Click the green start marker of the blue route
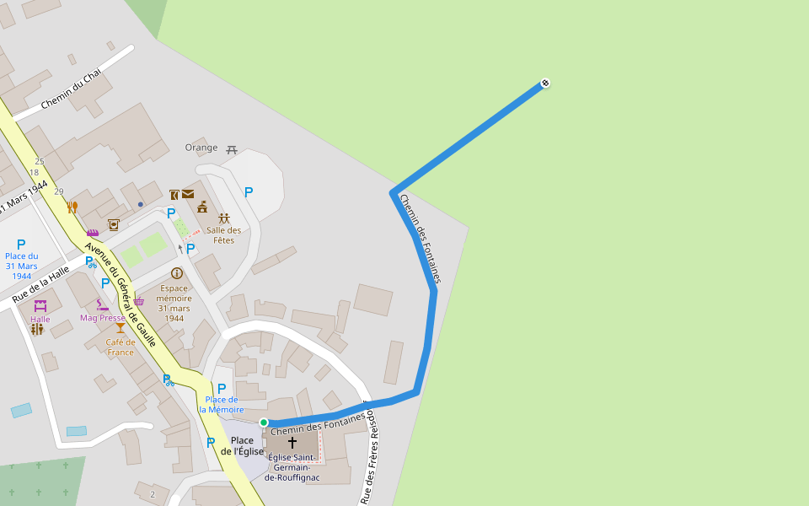pos(264,423)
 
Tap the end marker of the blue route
pos(545,83)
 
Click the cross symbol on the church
pos(292,442)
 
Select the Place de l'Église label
pos(242,446)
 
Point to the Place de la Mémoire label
pos(222,404)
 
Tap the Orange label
pos(201,148)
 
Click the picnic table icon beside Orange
pos(232,149)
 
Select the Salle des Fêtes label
pos(224,235)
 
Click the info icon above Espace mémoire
pos(177,273)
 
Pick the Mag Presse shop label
pos(102,318)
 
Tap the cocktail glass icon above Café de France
pos(121,328)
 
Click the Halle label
pos(40,320)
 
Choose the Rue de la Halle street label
pos(40,284)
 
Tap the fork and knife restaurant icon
pos(72,207)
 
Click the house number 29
pos(59,191)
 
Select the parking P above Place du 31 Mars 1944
pos(21,245)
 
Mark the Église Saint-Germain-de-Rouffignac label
pos(292,468)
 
